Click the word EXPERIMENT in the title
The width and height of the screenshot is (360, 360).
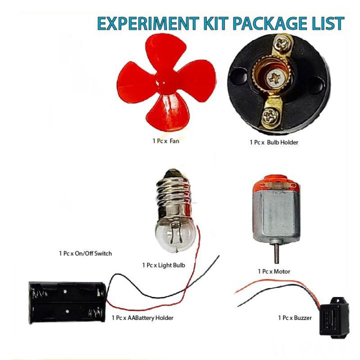tap(148, 23)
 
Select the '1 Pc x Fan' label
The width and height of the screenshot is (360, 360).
tap(166, 140)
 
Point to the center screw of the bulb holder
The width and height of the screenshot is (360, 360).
tap(275, 78)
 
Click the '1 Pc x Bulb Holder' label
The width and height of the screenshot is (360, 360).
tap(274, 142)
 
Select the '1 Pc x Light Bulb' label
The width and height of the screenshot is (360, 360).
tap(163, 265)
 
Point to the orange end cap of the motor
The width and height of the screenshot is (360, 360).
tap(275, 181)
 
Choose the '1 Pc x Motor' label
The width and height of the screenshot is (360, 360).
tap(274, 271)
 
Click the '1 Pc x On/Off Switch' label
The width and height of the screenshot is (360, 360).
tap(85, 253)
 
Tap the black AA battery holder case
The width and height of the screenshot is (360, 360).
tap(67, 302)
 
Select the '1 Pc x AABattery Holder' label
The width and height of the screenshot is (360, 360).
tap(142, 318)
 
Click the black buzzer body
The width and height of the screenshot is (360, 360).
tap(334, 317)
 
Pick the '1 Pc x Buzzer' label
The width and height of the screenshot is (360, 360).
tap(295, 318)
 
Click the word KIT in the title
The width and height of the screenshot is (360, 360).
tap(216, 23)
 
